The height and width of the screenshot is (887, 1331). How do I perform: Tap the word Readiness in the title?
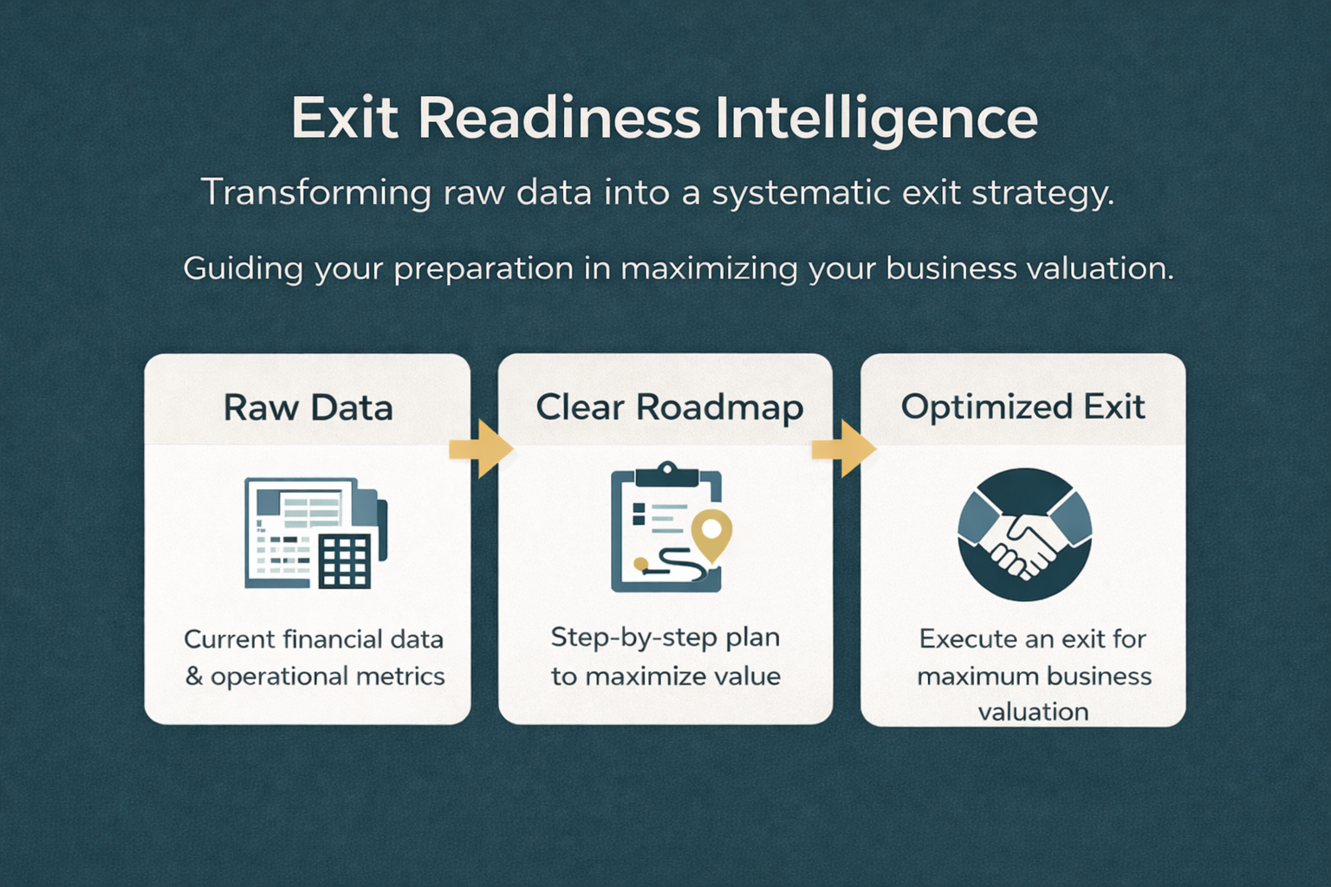click(x=559, y=118)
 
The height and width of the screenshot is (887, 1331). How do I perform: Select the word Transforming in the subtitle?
click(x=316, y=192)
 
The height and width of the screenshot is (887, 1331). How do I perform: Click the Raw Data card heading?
click(x=308, y=408)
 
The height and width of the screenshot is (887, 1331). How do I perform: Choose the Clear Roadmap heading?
click(x=670, y=408)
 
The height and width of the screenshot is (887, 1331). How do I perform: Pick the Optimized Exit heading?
click(x=1023, y=408)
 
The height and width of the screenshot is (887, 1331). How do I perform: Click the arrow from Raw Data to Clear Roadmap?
click(x=481, y=450)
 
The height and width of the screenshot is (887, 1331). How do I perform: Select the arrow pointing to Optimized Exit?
click(x=844, y=450)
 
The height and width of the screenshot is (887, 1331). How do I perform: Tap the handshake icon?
click(x=1024, y=534)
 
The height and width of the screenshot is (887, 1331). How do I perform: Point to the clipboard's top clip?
click(x=666, y=474)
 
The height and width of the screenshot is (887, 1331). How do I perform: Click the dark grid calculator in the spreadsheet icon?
click(x=345, y=560)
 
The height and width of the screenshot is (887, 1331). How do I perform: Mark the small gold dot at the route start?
click(x=640, y=563)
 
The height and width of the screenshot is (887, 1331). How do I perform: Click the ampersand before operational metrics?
click(x=194, y=677)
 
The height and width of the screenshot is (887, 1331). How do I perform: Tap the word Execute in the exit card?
click(x=961, y=639)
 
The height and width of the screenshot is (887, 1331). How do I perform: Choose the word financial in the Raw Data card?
click(x=332, y=639)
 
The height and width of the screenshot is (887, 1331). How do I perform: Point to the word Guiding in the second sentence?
click(x=243, y=269)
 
